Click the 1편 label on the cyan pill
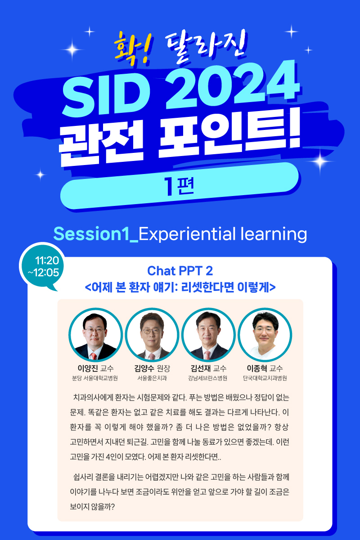(179, 186)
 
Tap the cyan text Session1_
(96, 234)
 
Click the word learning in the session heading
(274, 234)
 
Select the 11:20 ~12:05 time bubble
(42, 266)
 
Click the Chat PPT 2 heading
(180, 271)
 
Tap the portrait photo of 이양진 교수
(95, 335)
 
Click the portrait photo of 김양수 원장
(152, 335)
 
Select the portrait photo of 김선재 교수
(208, 335)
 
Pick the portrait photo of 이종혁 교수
(265, 335)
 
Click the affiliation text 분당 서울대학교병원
(95, 378)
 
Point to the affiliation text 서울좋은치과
(152, 378)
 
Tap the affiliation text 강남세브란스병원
(208, 378)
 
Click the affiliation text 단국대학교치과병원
(265, 378)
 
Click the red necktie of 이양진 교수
(94, 356)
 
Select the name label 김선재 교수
(208, 368)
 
